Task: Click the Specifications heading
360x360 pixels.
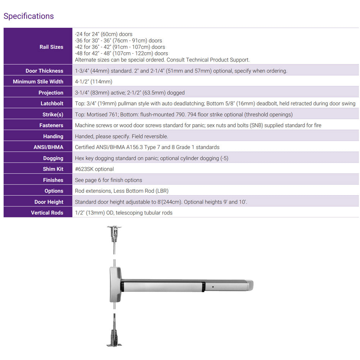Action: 28,16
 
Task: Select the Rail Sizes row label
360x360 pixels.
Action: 51,47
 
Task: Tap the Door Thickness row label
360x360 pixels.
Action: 44,71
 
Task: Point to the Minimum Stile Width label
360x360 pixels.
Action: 38,82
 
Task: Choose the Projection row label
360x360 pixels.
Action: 51,93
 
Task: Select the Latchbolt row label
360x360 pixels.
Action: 52,104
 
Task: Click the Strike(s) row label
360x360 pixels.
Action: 53,114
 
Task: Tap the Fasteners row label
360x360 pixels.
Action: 51,125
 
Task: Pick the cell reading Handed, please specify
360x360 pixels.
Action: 121,136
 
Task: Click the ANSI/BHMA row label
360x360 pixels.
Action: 48,147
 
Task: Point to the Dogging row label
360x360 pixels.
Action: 53,158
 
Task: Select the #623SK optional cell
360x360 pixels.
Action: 94,169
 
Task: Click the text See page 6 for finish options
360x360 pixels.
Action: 108,180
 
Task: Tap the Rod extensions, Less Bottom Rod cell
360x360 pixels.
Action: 122,191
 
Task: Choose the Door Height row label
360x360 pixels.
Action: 49,202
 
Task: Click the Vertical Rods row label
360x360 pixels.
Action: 47,213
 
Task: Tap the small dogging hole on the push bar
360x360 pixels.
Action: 213,287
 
